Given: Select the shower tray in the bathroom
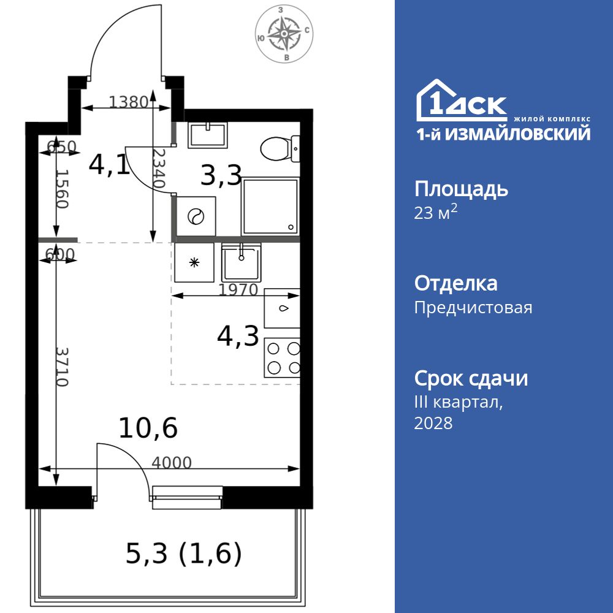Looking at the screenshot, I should click(x=270, y=207).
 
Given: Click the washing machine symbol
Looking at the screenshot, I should click(x=196, y=216).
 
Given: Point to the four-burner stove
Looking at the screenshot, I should click(x=283, y=358).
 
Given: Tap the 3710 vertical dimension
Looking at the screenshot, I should click(x=61, y=367).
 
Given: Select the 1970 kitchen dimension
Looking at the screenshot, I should click(x=239, y=289).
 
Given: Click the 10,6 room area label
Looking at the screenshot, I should click(x=148, y=428).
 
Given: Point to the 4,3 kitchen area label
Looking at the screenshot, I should click(x=238, y=337).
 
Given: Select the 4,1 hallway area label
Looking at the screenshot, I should click(x=109, y=164).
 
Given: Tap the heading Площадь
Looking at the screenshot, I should click(x=461, y=189).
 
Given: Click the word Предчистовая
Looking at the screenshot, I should click(x=473, y=307).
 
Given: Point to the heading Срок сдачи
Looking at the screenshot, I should click(x=471, y=378).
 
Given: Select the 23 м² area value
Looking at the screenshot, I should click(x=436, y=213).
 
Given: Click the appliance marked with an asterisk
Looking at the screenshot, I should click(x=194, y=262).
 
